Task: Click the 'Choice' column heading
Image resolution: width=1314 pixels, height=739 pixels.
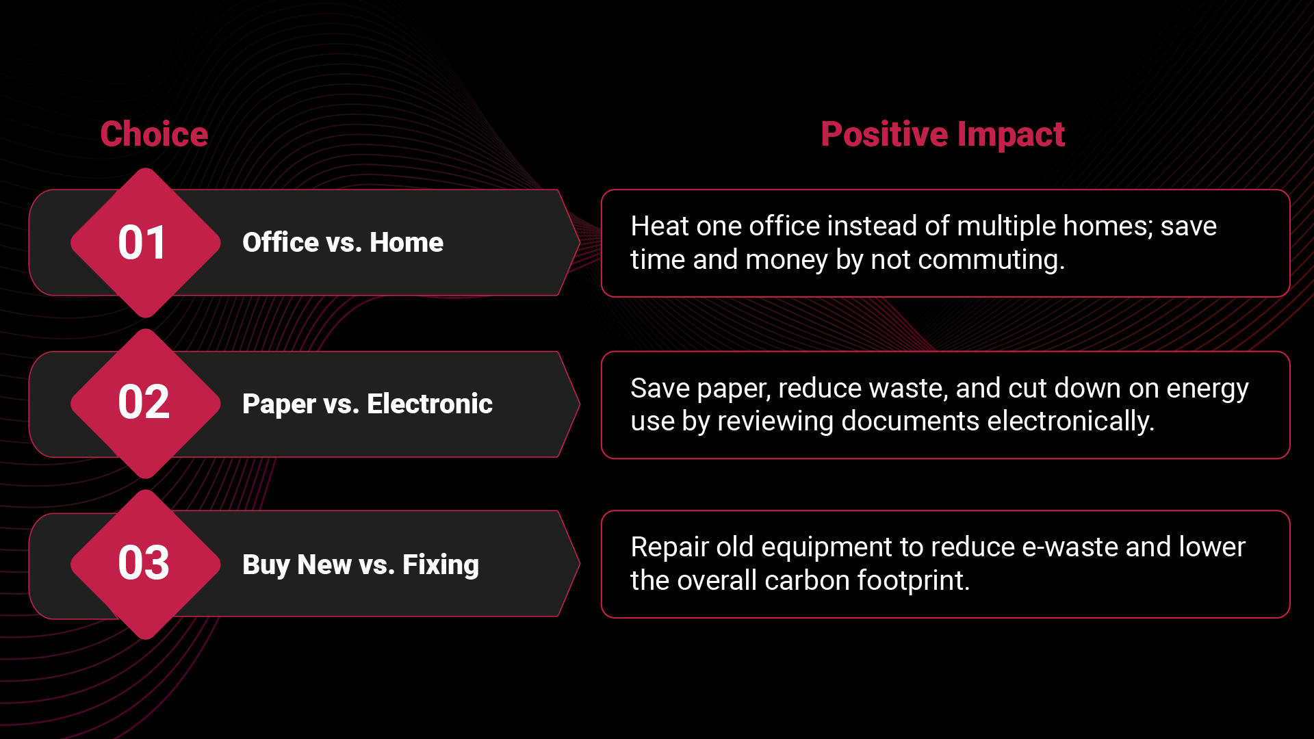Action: pyautogui.click(x=154, y=134)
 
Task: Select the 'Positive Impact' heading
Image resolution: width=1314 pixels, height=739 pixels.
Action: pyautogui.click(x=942, y=134)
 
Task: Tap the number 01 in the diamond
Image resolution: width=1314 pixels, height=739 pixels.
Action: pyautogui.click(x=142, y=243)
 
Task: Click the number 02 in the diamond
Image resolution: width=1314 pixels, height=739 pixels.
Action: pyautogui.click(x=144, y=402)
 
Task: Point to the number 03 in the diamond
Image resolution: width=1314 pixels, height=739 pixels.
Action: pyautogui.click(x=144, y=563)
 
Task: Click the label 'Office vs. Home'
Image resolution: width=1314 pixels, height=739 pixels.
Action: pyautogui.click(x=343, y=242)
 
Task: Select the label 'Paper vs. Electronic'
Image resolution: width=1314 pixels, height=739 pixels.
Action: pyautogui.click(x=368, y=404)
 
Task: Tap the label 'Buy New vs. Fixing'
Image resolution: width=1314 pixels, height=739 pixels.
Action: pyautogui.click(x=361, y=565)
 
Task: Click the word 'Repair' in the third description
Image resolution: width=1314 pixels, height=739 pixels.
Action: pyautogui.click(x=669, y=547)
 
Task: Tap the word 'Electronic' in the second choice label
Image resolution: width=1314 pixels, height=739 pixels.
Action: pyautogui.click(x=430, y=404)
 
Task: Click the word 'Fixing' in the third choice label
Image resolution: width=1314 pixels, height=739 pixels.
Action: pyautogui.click(x=441, y=565)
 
